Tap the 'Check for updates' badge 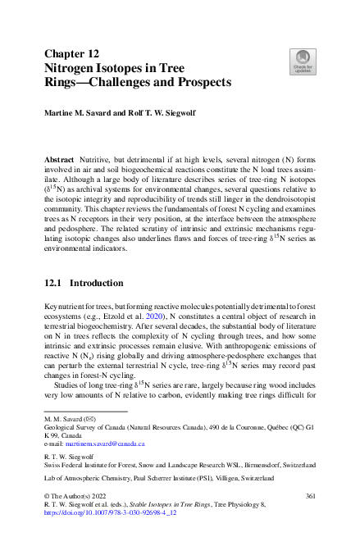pos(302,60)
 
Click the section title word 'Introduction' pos(97,283)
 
